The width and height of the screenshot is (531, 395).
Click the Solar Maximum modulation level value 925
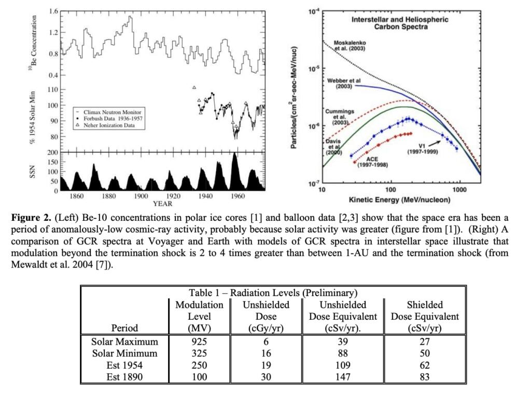200,342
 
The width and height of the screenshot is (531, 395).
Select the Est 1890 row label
124,376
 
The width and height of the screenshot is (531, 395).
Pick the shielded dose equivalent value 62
425,365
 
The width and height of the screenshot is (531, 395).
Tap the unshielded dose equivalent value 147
343,376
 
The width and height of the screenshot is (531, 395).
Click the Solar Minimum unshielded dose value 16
266,354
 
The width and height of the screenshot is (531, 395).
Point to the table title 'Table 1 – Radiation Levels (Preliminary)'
273,293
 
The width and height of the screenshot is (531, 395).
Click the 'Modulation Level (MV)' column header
200,316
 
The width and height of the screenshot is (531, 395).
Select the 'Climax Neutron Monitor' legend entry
113,112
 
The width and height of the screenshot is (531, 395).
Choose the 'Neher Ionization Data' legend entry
109,125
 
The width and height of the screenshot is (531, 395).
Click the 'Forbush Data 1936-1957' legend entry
113,119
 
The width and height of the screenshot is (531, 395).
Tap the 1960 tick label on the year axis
238,196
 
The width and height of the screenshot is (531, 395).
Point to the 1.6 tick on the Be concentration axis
53,11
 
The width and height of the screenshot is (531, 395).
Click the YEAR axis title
163,204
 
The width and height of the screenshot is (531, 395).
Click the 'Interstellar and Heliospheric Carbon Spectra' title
400,23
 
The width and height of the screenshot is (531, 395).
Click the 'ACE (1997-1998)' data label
374,161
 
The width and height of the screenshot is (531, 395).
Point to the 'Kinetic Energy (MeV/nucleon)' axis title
399,200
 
